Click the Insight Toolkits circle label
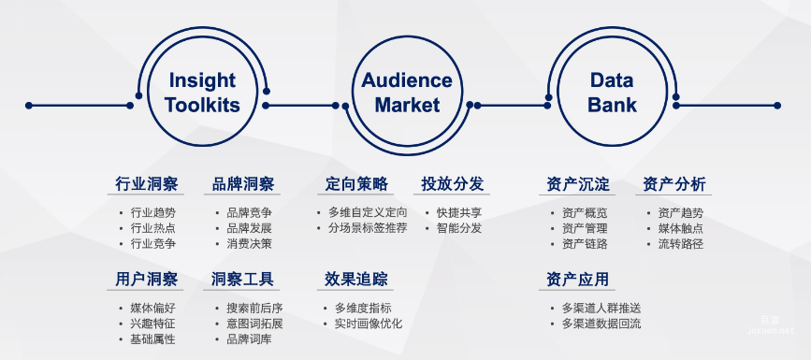click(202, 93)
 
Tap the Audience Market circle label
click(407, 93)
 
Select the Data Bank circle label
click(612, 93)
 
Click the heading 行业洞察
click(147, 183)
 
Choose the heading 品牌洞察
click(243, 183)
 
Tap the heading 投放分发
click(453, 183)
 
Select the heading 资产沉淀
click(578, 183)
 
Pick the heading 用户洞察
click(147, 279)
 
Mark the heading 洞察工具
click(243, 279)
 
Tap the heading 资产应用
click(578, 279)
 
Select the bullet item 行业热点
click(153, 228)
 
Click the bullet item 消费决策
click(250, 244)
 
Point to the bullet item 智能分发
click(459, 228)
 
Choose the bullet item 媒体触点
click(681, 228)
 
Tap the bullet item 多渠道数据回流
click(601, 324)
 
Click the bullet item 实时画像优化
click(369, 324)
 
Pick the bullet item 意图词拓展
click(254, 324)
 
